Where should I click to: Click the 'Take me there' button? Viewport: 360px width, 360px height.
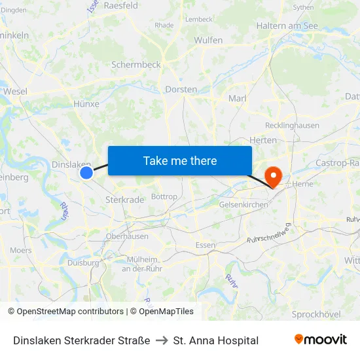(x=180, y=160)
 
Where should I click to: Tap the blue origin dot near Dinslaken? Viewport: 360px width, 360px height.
(x=86, y=172)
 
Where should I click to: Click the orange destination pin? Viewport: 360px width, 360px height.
(x=272, y=175)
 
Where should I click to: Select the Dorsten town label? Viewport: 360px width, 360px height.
(x=181, y=89)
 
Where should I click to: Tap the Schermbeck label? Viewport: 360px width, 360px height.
(x=135, y=65)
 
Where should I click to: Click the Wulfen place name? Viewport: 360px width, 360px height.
(x=208, y=40)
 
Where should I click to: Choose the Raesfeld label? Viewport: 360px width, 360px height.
(x=120, y=5)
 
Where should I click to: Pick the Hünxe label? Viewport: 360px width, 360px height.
(x=87, y=103)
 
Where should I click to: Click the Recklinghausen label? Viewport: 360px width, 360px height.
(x=292, y=125)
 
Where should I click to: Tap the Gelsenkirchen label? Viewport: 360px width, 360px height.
(x=243, y=205)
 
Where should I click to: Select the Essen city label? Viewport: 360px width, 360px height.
(x=206, y=245)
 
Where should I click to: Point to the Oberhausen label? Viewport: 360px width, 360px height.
(x=127, y=236)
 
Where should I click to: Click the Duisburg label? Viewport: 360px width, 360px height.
(x=83, y=262)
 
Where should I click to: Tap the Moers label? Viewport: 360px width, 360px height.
(x=21, y=250)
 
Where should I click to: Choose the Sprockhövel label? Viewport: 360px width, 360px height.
(x=316, y=314)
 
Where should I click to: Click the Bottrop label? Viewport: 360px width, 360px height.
(x=164, y=196)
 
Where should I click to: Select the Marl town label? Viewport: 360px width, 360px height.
(x=237, y=98)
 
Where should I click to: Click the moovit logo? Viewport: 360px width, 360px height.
(x=320, y=340)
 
